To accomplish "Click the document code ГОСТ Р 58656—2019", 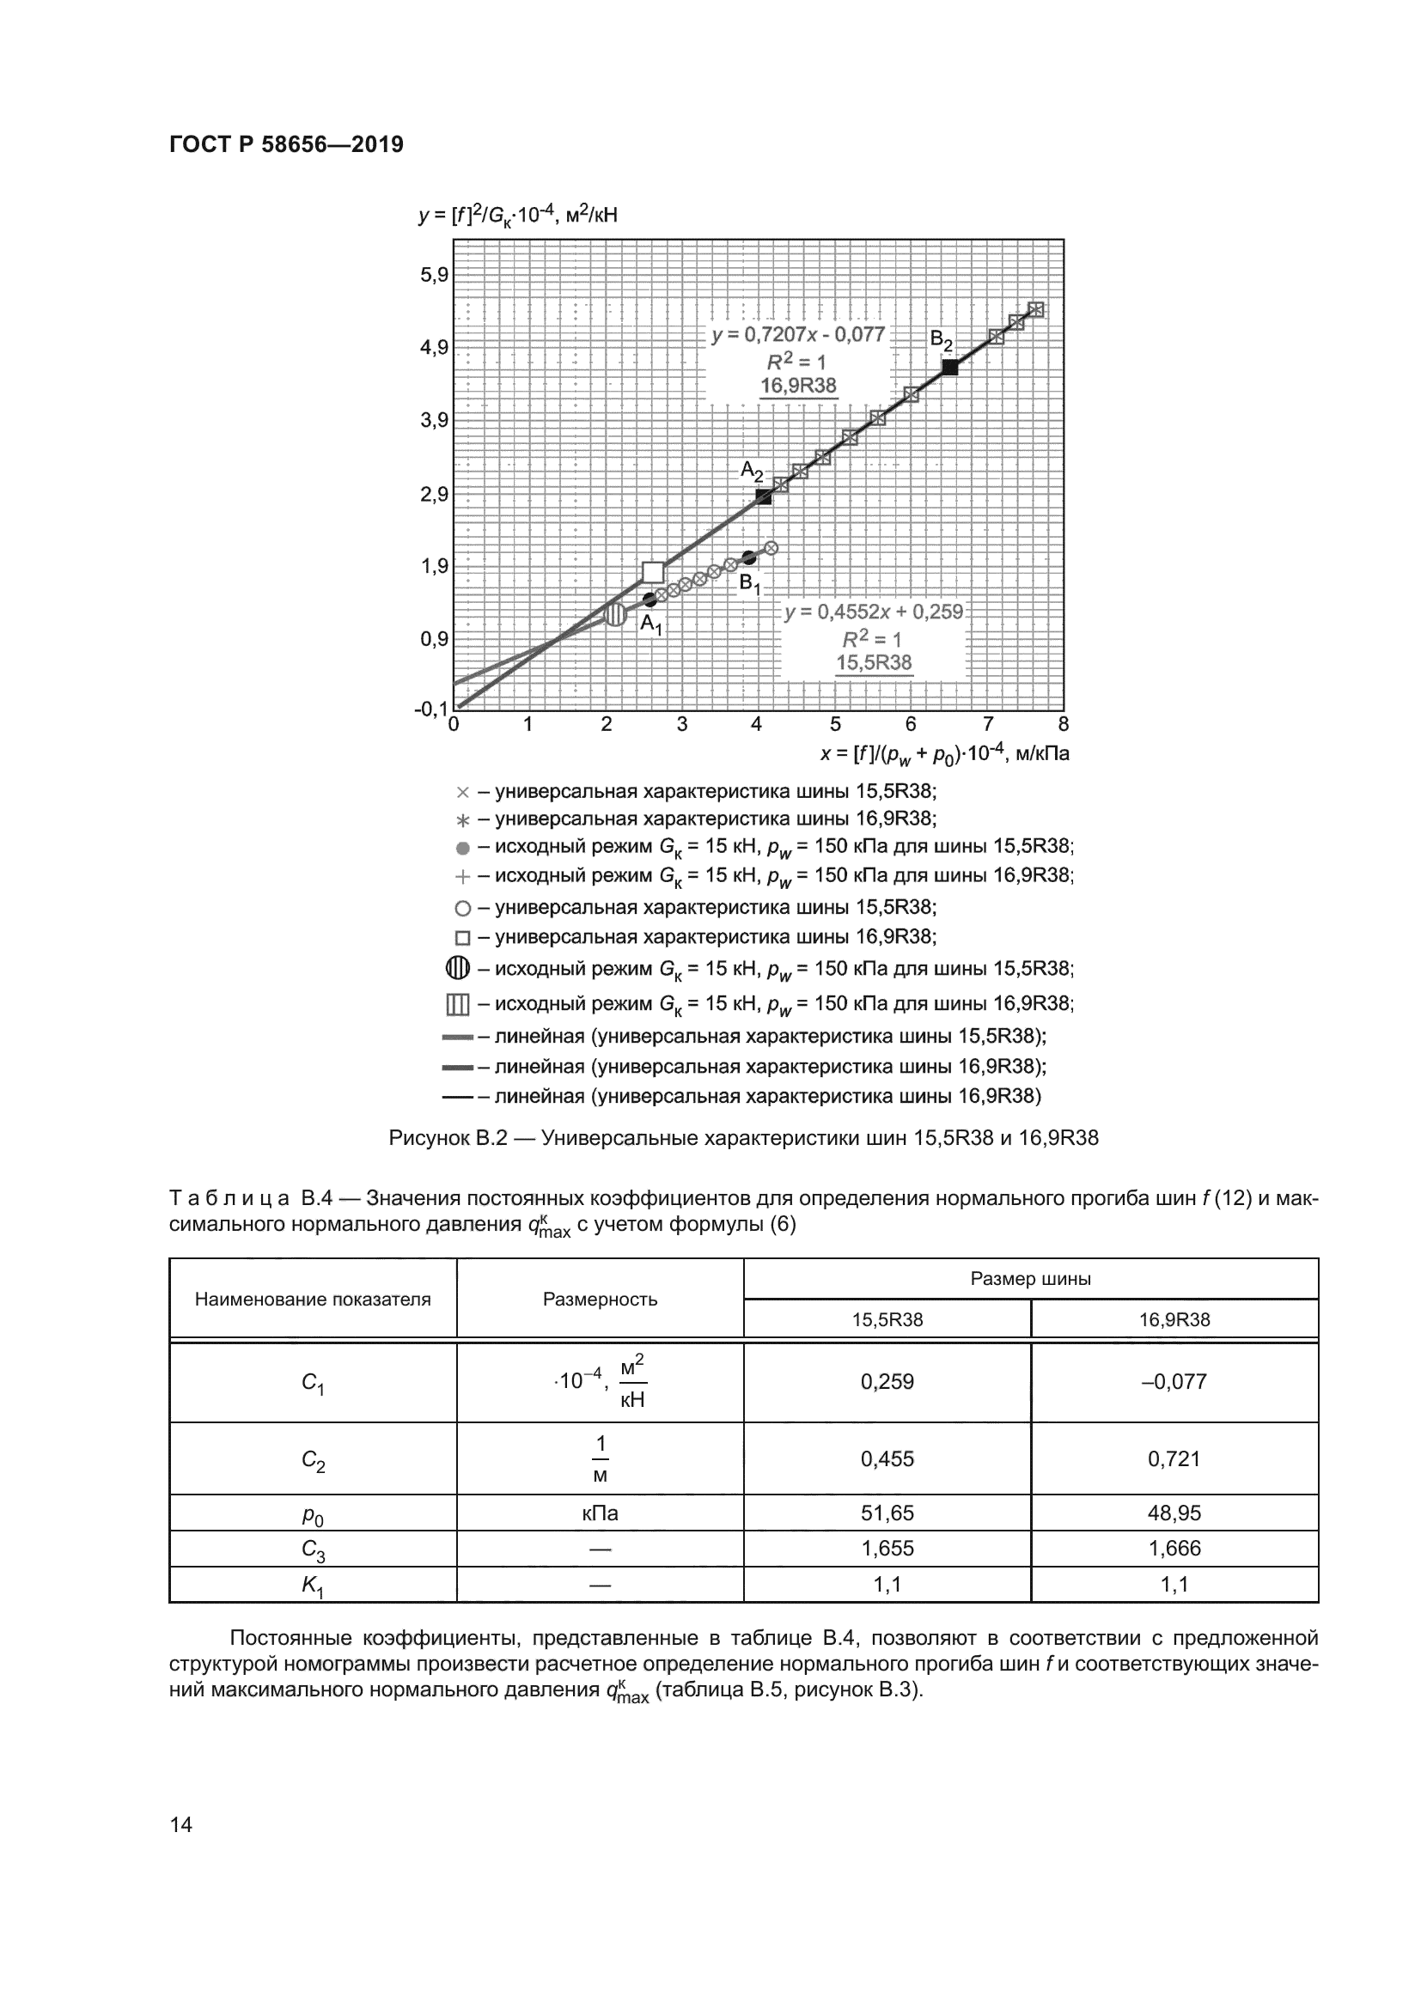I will pyautogui.click(x=286, y=144).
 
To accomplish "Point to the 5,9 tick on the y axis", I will pyautogui.click(x=434, y=276).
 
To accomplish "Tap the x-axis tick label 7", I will pyautogui.click(x=988, y=725).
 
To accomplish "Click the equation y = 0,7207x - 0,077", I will pyautogui.click(x=798, y=335).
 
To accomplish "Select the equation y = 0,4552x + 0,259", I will pyautogui.click(x=873, y=612).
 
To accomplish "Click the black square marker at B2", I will pyautogui.click(x=950, y=368).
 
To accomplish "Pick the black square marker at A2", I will pyautogui.click(x=764, y=497).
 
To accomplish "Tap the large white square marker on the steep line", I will pyautogui.click(x=653, y=572).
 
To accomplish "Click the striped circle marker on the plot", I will pyautogui.click(x=616, y=614).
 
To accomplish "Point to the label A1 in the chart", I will pyautogui.click(x=651, y=624).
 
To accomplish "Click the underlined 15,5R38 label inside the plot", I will pyautogui.click(x=873, y=662).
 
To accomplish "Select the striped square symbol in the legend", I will pyautogui.click(x=458, y=1005).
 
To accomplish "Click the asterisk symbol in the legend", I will pyautogui.click(x=463, y=821).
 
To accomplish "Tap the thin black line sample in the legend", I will pyautogui.click(x=458, y=1096).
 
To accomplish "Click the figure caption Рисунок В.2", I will pyautogui.click(x=743, y=1138).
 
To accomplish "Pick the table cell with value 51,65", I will pyautogui.click(x=887, y=1513).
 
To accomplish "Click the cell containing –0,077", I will pyautogui.click(x=1174, y=1382).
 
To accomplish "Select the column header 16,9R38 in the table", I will pyautogui.click(x=1174, y=1319).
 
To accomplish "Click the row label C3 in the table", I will pyautogui.click(x=313, y=1549).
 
